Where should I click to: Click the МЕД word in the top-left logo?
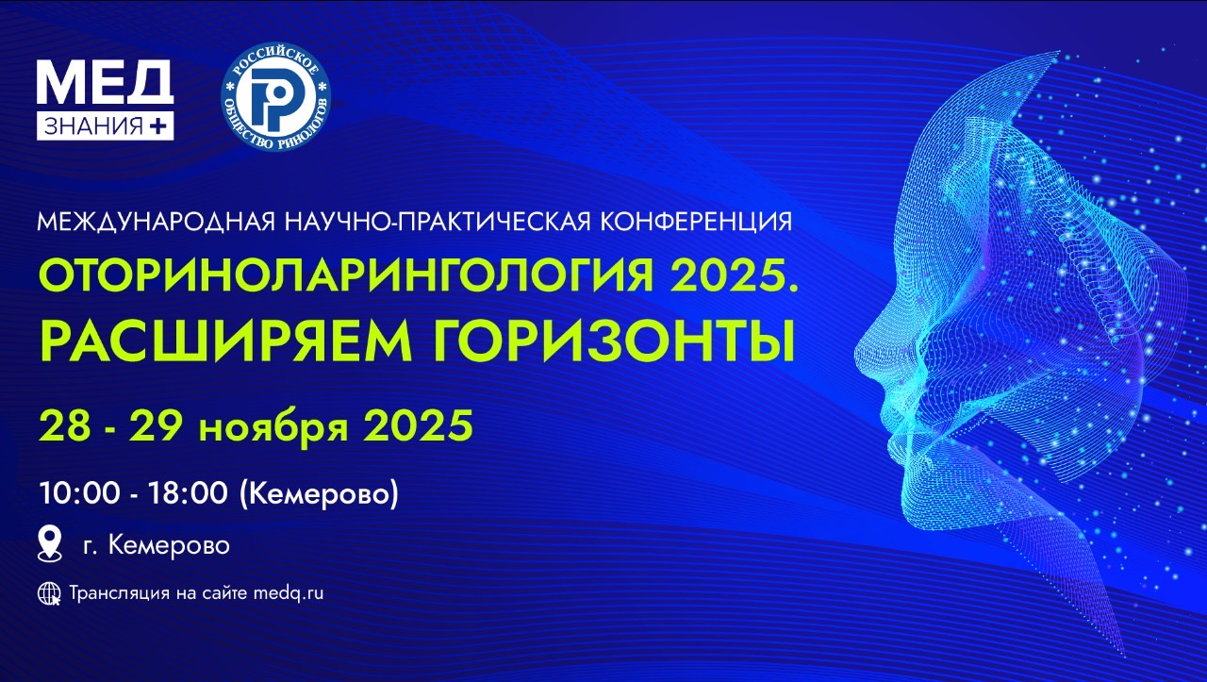pos(105,81)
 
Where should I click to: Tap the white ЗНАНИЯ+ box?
pos(105,125)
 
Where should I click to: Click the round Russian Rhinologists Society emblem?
pos(276,96)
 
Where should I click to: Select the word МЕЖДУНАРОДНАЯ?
pos(157,222)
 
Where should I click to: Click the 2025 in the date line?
pos(419,425)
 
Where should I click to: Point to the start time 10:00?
pos(79,493)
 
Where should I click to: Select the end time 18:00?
pos(188,493)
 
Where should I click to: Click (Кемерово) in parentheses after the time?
pos(319,494)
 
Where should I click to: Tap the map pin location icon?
pos(50,544)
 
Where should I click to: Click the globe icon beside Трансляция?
pos(49,593)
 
